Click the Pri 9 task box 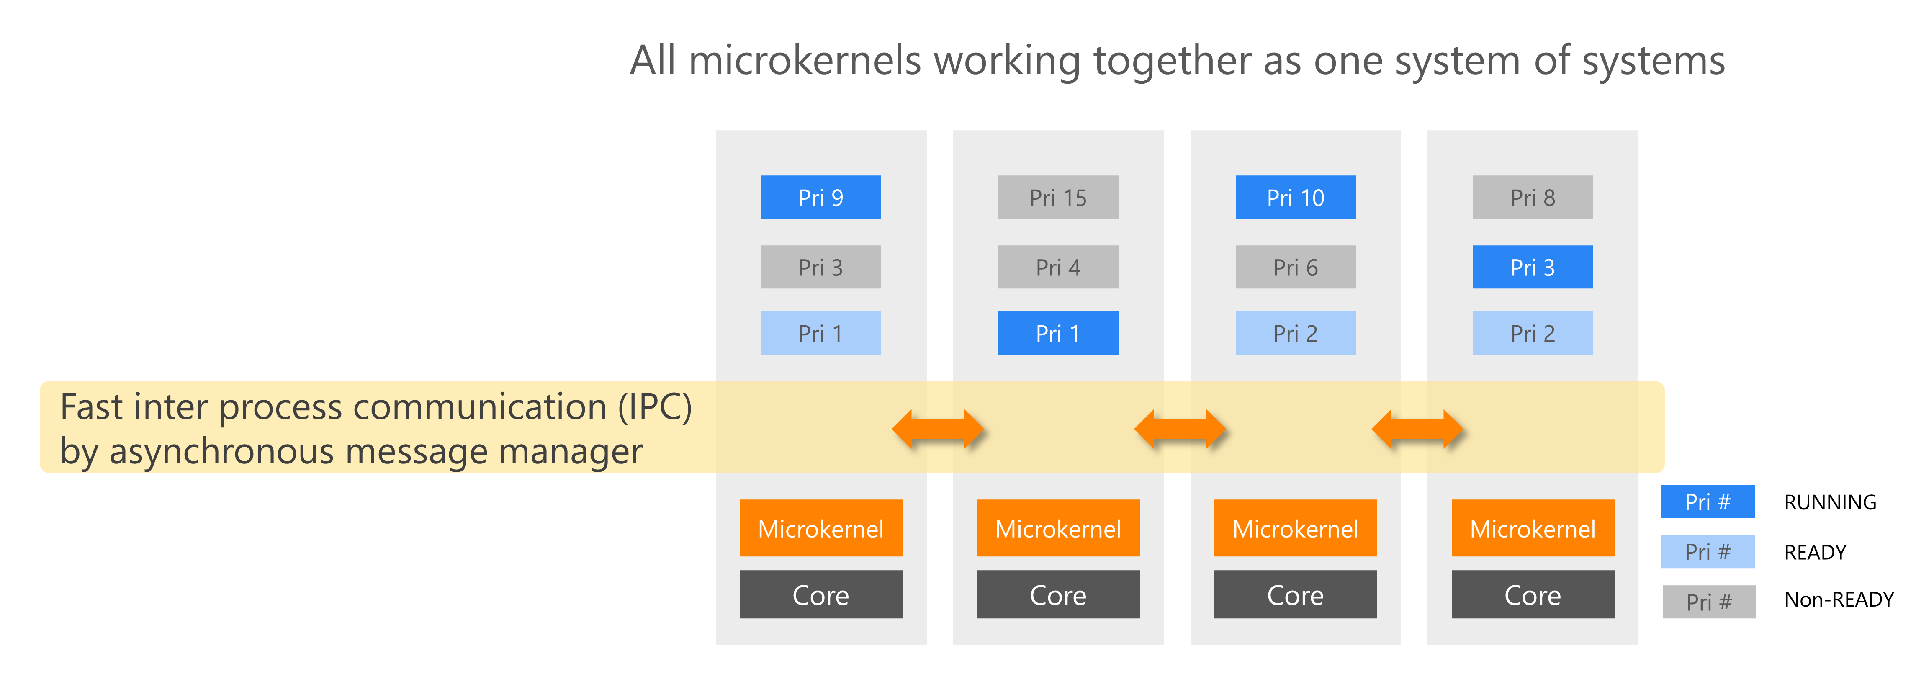coord(820,197)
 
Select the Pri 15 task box coord(1058,197)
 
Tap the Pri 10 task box coord(1295,197)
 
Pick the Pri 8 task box coord(1532,197)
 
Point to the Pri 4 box coord(1058,267)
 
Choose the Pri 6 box coord(1295,267)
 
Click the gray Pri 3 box coord(820,267)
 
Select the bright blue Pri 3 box coord(1532,267)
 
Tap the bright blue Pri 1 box coord(1058,333)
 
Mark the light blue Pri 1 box coord(820,333)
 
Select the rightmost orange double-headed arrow coord(1417,429)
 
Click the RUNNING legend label coord(1830,502)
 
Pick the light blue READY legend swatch coord(1708,551)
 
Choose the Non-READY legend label coord(1839,600)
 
